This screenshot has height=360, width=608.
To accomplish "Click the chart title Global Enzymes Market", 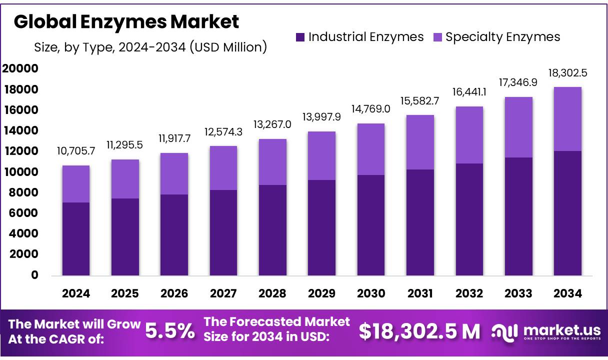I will [126, 21].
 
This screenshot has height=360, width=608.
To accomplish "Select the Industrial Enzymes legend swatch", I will [300, 37].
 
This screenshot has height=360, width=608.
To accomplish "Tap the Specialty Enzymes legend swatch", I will [437, 37].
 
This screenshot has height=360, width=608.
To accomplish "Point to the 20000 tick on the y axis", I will [20, 69].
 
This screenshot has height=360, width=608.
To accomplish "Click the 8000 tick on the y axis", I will [23, 192].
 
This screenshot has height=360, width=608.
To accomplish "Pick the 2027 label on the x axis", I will [223, 293].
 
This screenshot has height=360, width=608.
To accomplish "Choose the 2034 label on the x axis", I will [568, 293].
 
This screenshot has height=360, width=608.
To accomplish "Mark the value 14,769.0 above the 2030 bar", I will [371, 110].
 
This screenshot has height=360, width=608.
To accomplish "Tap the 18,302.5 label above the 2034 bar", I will [568, 73].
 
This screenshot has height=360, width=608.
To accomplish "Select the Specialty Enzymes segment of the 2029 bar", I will [322, 155].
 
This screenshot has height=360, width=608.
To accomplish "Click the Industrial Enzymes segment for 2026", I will [174, 234].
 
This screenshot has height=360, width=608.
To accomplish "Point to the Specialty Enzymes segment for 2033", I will [518, 127].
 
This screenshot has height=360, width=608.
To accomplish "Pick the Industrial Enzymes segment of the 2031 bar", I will [420, 222].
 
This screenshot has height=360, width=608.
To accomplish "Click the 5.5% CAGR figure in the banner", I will [170, 331].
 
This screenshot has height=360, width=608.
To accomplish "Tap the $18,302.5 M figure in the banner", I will [419, 331].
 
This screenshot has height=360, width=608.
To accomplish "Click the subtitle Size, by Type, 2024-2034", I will [150, 47].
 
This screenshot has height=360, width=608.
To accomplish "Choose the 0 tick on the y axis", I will [34, 275].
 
